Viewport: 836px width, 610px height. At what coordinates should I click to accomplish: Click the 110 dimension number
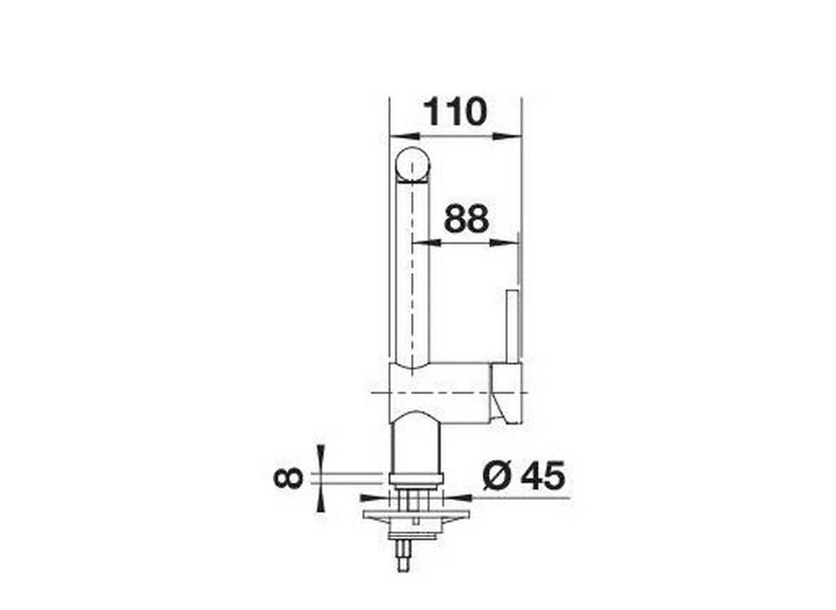pos(454,112)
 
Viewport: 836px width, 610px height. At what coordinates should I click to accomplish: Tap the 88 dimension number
pos(466,220)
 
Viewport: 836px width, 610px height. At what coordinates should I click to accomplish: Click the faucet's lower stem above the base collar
pos(416,446)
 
